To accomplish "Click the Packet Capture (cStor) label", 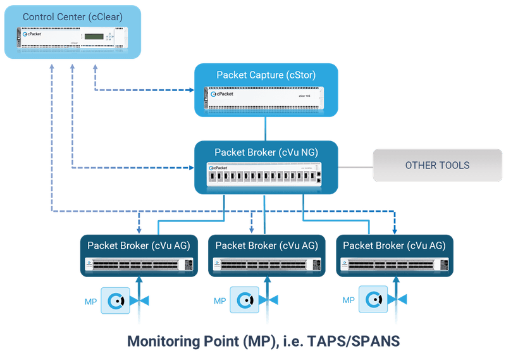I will [266, 75].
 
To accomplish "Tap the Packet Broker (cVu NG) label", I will [266, 152].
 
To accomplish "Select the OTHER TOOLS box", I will [437, 166].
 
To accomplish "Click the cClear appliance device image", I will [71, 39].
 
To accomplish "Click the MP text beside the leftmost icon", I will [91, 301].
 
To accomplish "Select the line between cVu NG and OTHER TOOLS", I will [355, 168].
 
